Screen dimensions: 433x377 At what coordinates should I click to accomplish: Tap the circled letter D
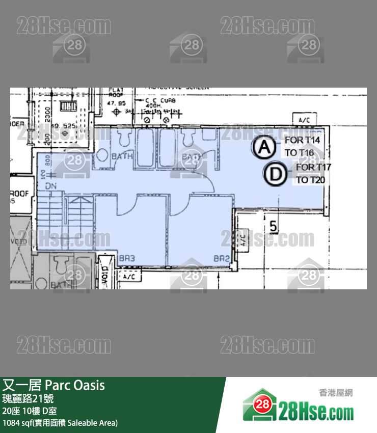point(275,174)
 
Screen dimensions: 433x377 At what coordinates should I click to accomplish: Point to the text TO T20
point(311,180)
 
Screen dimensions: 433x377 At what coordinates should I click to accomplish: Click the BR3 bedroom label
point(127,258)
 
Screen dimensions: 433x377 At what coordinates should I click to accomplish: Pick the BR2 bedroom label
point(221,258)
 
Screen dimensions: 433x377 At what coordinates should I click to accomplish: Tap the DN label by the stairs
point(51,186)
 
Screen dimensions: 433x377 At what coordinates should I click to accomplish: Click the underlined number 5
point(274,226)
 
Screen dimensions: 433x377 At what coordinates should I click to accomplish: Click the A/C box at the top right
point(305,120)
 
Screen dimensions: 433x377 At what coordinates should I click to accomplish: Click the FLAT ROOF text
point(116,93)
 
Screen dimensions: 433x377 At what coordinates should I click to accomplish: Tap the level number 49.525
point(63,125)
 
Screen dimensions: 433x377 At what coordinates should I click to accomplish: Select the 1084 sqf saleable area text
point(60,423)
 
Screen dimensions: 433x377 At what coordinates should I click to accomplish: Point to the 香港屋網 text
point(336,392)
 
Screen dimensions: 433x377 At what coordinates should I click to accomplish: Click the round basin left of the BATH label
point(103,154)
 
